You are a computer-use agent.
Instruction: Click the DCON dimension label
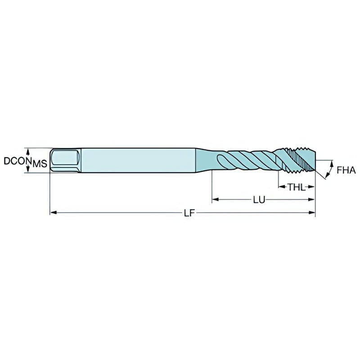17,161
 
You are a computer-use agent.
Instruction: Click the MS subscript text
40,164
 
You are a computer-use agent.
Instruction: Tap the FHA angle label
346,170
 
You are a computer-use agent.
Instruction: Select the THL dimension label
296,186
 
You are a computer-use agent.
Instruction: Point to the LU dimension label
259,199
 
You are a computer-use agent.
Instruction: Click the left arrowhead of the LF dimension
52,212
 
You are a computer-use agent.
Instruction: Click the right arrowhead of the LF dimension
312,212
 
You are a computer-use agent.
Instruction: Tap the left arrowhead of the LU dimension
215,198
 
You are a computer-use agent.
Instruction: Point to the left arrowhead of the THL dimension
280,185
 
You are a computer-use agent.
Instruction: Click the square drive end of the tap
65,160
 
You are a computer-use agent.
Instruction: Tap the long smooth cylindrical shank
139,160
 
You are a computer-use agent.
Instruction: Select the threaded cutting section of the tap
297,160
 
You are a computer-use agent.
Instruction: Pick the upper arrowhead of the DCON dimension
29,151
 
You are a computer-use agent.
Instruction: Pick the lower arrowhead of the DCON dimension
29,170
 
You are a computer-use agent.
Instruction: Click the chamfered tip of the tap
313,161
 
